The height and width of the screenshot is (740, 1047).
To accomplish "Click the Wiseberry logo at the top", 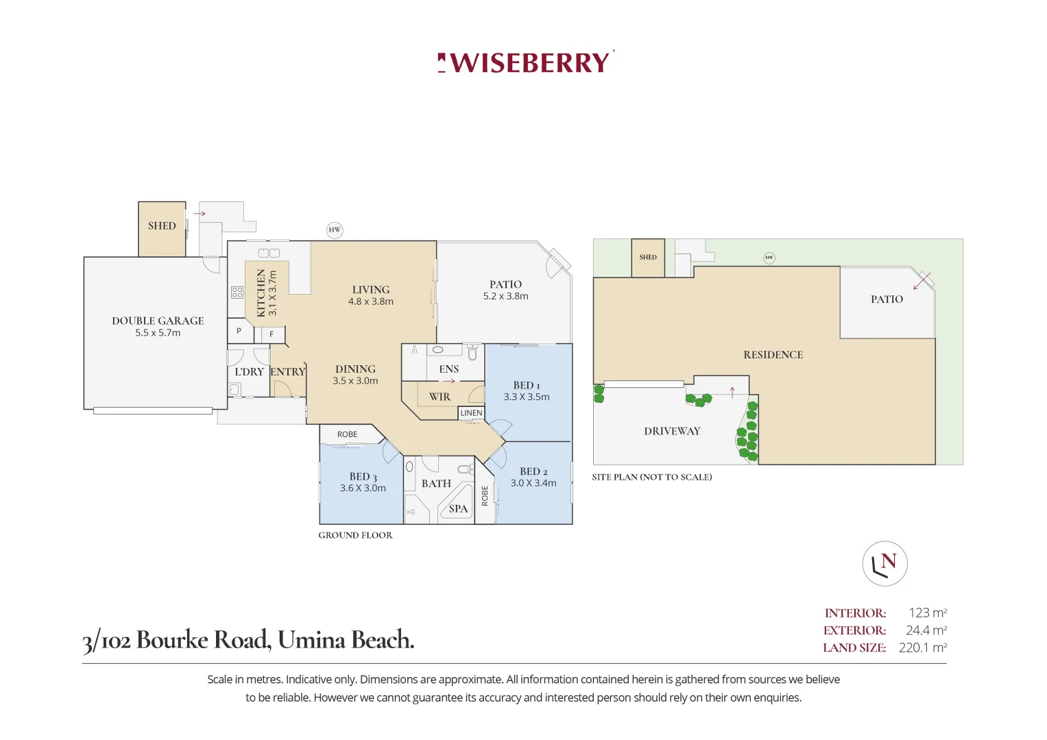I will click(x=526, y=62).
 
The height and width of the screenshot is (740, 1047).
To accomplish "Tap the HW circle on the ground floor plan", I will click(x=335, y=230).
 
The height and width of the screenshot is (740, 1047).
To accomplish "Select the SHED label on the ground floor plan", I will click(x=162, y=226).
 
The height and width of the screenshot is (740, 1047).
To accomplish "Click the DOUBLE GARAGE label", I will click(x=158, y=321).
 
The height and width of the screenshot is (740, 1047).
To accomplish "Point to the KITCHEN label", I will click(x=261, y=293).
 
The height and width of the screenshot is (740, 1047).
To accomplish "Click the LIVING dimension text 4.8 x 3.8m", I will click(x=371, y=301).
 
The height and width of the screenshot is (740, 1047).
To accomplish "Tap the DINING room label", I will click(x=355, y=369).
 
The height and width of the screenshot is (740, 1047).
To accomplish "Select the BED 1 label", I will click(x=527, y=386).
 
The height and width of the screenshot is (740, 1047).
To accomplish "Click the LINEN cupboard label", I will click(x=471, y=413).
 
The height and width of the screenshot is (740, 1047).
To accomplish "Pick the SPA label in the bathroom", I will click(x=458, y=509).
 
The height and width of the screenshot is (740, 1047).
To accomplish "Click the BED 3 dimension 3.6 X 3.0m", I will click(x=363, y=489).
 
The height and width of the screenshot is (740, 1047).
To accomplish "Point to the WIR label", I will click(x=440, y=397).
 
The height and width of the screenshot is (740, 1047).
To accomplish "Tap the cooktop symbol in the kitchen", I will click(x=237, y=293).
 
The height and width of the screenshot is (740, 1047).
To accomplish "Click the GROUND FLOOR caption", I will click(x=355, y=536).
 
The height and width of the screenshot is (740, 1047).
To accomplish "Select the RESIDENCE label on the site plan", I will click(x=773, y=355).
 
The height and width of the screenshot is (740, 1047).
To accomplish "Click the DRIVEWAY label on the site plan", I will click(x=672, y=431).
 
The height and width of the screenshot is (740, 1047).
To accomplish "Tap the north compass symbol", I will click(x=884, y=563).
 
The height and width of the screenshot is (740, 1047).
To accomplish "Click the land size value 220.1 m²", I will click(x=922, y=647).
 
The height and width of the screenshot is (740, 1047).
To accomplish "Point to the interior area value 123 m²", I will click(x=927, y=613).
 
